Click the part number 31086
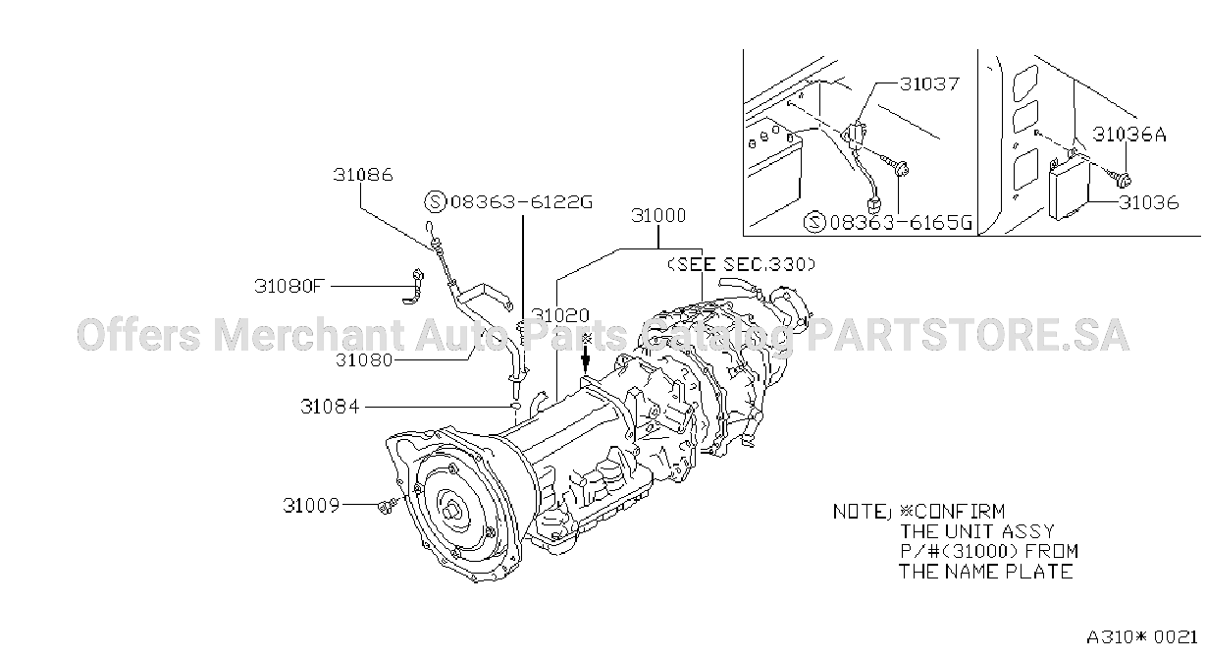363,175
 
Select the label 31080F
289,286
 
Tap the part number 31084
330,407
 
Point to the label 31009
311,506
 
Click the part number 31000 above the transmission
658,215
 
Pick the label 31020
560,315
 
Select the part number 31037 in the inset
930,84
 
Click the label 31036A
1129,135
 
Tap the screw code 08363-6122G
521,202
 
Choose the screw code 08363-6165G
901,222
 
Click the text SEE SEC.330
742,264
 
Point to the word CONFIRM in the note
960,511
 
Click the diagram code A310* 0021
1142,637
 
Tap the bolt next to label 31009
389,506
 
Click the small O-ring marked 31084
515,406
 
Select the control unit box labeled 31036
1069,189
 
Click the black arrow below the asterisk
586,359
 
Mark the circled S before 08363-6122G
435,202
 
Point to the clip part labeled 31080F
414,287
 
